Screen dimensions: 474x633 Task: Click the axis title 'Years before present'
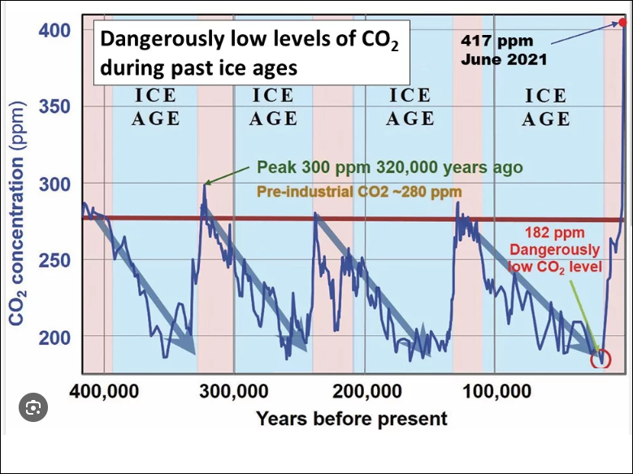[351, 419]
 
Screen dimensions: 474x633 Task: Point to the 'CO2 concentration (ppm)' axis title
[18, 219]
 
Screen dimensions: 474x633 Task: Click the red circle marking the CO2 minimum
[601, 359]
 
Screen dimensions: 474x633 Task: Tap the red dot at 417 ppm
[622, 23]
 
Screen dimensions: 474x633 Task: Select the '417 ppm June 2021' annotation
[504, 48]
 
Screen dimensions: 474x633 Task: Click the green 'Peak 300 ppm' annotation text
[389, 167]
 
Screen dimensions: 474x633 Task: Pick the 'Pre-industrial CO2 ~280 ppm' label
[359, 193]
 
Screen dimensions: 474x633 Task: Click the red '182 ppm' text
[561, 233]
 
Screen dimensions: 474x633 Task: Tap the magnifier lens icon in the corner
[33, 409]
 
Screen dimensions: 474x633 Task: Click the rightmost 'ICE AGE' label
[545, 107]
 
